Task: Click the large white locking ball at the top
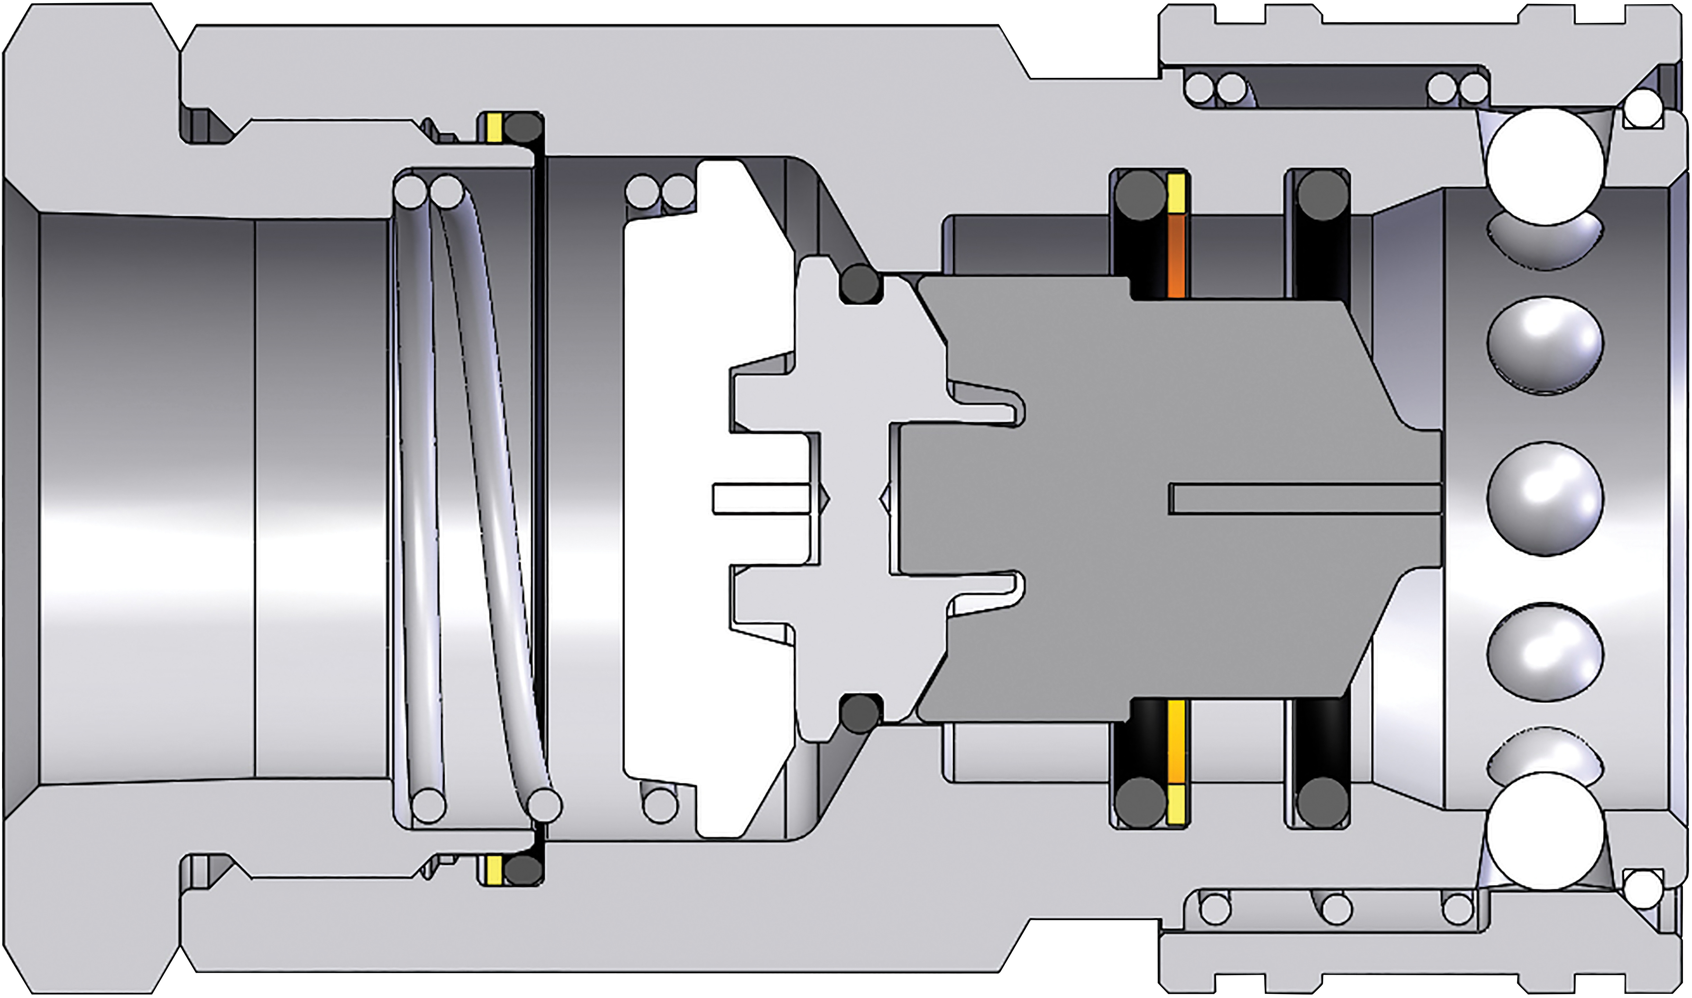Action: (1545, 167)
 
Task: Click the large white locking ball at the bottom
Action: (1545, 831)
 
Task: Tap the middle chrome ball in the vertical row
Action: (1545, 499)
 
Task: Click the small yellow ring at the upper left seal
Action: (494, 128)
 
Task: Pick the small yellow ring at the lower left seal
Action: (494, 869)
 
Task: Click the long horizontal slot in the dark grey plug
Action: (1305, 499)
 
